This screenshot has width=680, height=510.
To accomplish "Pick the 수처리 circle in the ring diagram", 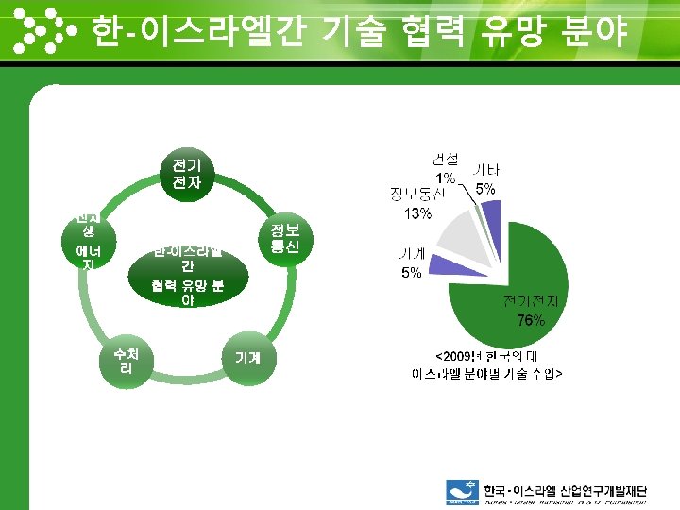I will pyautogui.click(x=126, y=361).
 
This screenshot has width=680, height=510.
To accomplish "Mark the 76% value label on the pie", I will pyautogui.click(x=530, y=320).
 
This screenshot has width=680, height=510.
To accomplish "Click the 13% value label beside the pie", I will pyautogui.click(x=417, y=213).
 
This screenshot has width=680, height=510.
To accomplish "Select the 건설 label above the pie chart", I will pyautogui.click(x=445, y=159).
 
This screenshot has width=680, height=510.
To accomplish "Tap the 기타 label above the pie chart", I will pyautogui.click(x=486, y=170).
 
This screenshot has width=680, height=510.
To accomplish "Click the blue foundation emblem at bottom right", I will pyautogui.click(x=463, y=492).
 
